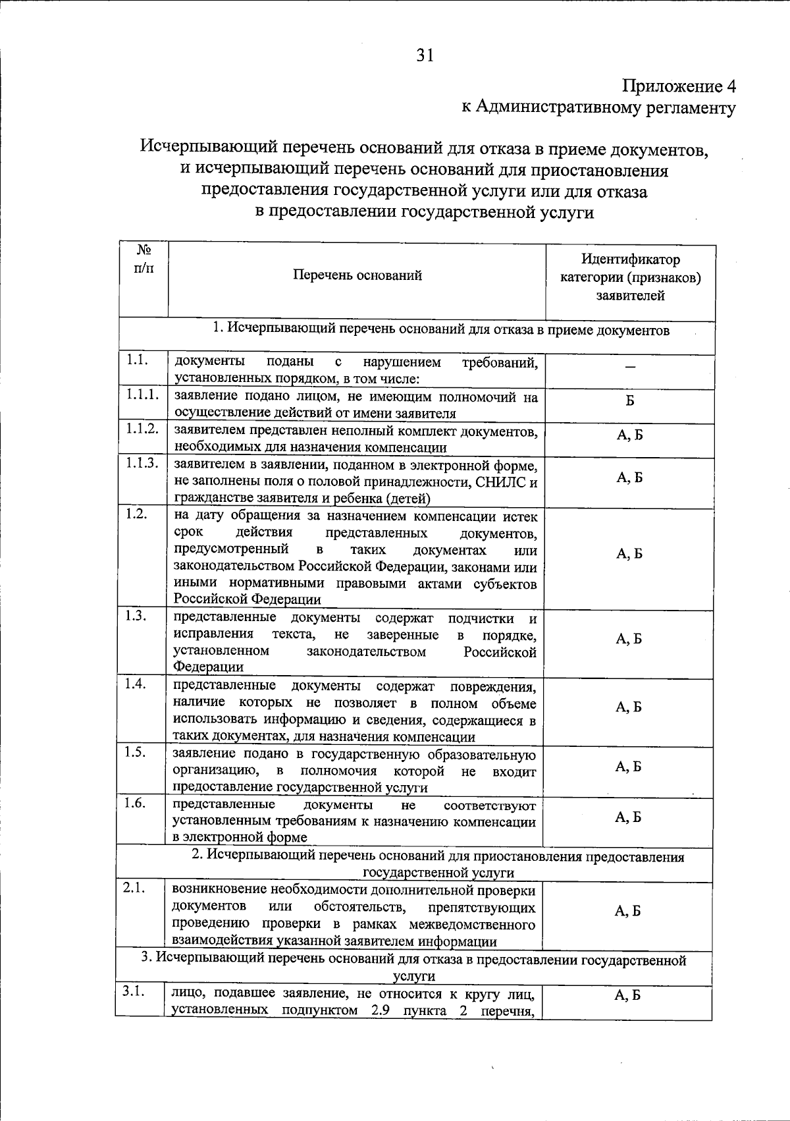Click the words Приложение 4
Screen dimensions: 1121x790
click(679, 86)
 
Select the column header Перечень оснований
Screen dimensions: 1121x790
click(357, 276)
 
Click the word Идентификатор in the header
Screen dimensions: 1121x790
click(630, 260)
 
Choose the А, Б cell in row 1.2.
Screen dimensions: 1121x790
click(629, 554)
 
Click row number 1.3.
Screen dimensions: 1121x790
click(136, 615)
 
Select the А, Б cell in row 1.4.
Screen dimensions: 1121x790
click(629, 707)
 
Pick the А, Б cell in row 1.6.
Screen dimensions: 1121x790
click(628, 817)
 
